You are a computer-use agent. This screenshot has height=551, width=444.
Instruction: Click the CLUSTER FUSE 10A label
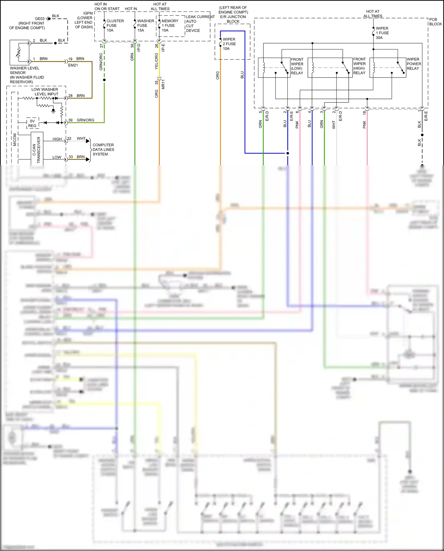pos(115,25)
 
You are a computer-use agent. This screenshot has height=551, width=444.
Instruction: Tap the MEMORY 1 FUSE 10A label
pos(170,25)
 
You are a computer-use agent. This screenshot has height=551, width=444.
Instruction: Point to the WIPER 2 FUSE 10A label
pos(229,44)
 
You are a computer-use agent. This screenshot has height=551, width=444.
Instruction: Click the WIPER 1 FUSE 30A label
pos(382,33)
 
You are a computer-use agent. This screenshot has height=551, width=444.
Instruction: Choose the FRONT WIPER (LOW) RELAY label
pos(297,66)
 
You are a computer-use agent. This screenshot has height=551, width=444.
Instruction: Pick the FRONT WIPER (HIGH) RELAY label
pos(359,66)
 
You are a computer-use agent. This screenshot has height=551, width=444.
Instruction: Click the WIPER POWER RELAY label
pos(414,64)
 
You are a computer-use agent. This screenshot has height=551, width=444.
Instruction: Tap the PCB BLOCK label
pos(435,22)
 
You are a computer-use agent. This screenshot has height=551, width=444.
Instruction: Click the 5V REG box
pos(32,123)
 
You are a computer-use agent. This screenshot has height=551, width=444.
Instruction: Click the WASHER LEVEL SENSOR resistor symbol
pos(19,52)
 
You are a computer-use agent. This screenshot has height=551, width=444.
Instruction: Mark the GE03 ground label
pos(40,19)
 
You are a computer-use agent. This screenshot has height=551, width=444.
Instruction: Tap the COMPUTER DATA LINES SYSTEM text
pos(103,150)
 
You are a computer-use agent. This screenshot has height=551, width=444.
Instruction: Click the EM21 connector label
pos(73,65)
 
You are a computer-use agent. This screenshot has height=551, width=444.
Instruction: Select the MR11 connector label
pos(163,84)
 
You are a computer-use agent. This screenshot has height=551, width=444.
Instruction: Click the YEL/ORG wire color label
pos(156,61)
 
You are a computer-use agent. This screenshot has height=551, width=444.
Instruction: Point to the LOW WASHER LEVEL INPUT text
pos(45,91)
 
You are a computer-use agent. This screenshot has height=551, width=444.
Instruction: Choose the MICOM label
pos(15,140)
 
